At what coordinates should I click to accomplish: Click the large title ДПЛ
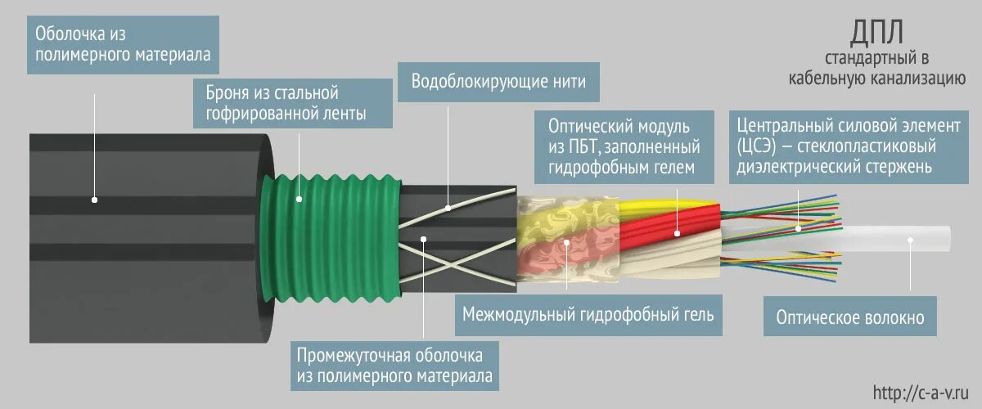coord(877,35)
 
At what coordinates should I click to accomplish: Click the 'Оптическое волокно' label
coord(850,317)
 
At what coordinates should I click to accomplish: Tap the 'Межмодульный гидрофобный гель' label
coord(588,314)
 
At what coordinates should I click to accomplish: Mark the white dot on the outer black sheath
coord(95,199)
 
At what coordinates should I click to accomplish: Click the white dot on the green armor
coord(300,198)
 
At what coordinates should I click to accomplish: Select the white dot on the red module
coord(678,234)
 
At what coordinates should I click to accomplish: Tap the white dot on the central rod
coord(910,240)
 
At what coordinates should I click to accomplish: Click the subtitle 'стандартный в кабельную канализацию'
coord(877,69)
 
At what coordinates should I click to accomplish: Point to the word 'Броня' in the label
coord(223,93)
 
